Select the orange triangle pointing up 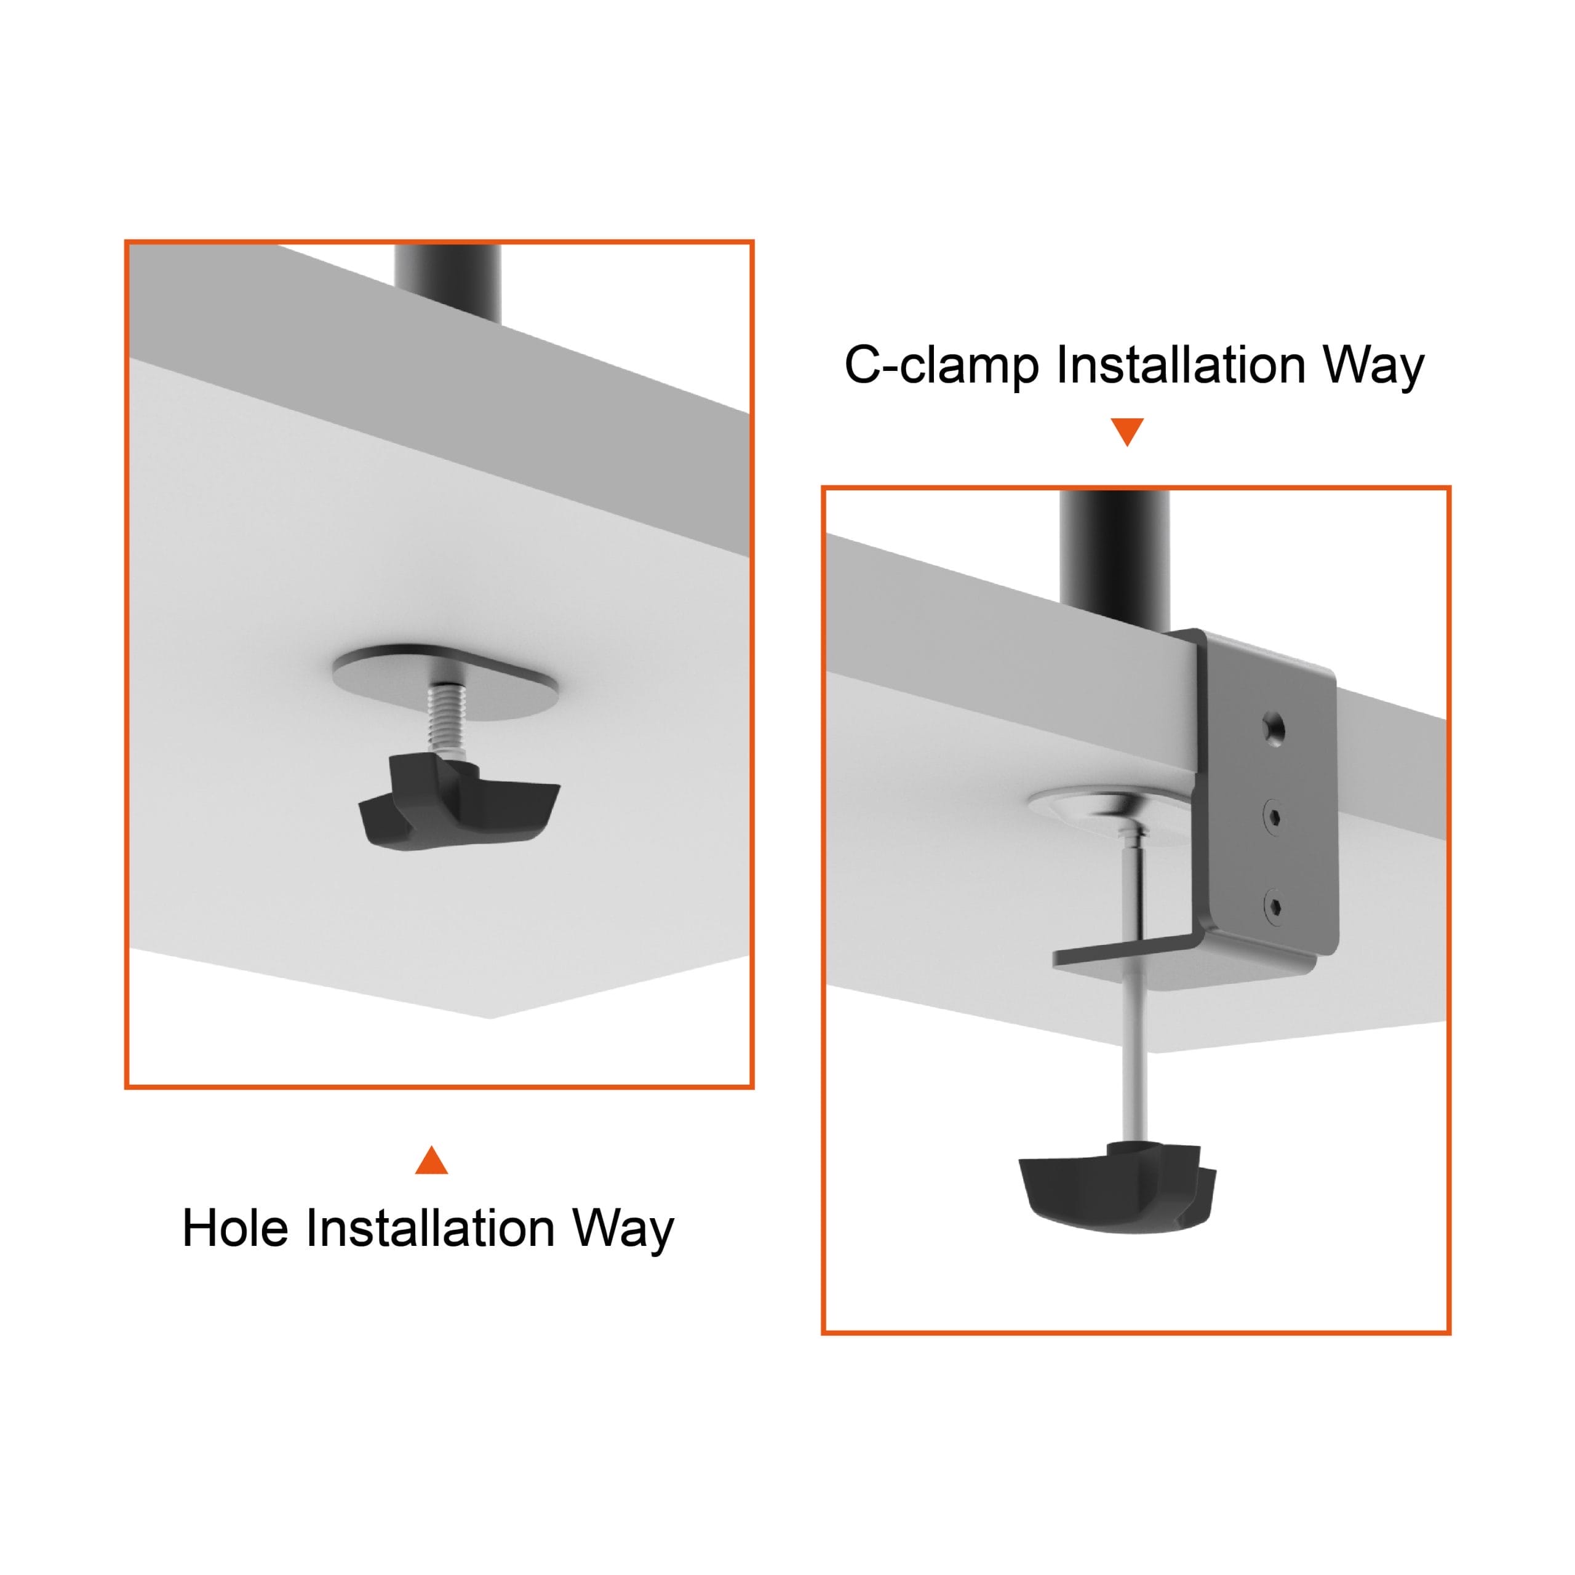click(x=431, y=1160)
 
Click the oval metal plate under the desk click(x=446, y=683)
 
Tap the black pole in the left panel click(x=447, y=277)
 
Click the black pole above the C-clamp click(x=1114, y=562)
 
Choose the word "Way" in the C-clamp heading click(x=1374, y=366)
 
